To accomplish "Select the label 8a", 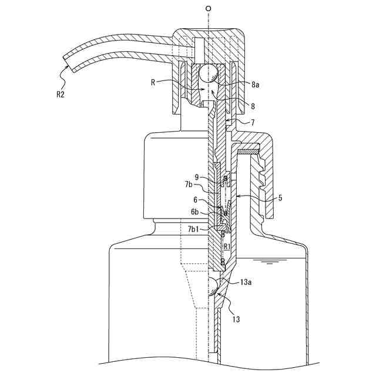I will [255, 85].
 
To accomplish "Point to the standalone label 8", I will [253, 106].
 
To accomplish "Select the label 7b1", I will [193, 228].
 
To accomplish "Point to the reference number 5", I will [280, 198].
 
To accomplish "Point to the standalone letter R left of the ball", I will [153, 83].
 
